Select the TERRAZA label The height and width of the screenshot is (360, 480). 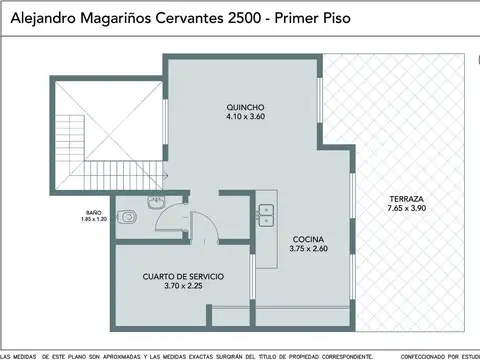(x=407, y=199)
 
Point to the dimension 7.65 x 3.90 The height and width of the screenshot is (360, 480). (x=407, y=209)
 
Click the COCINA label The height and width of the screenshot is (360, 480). (x=307, y=239)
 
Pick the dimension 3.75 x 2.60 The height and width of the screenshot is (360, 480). (x=307, y=249)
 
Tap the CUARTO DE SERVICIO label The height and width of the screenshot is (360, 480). (x=182, y=276)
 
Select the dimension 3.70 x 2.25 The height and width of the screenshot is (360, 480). (x=182, y=286)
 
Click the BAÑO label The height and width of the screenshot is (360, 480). (x=93, y=211)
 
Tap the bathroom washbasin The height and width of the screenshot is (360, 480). (x=154, y=203)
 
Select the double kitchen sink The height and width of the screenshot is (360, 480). (x=267, y=213)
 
